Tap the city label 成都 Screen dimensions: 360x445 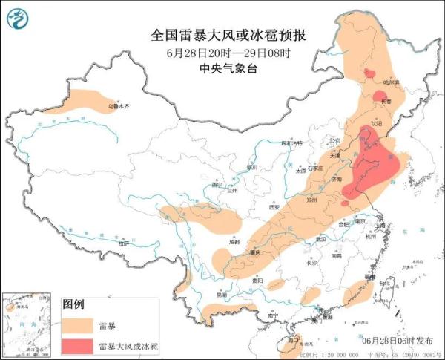(234, 242)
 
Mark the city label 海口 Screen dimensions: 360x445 (292, 340)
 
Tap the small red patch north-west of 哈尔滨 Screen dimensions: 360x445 (368, 72)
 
